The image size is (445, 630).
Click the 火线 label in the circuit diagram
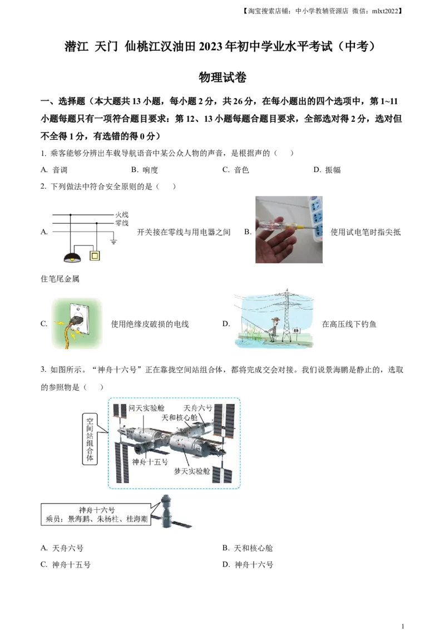pyautogui.click(x=122, y=214)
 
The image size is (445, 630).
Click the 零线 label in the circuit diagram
pyautogui.click(x=122, y=223)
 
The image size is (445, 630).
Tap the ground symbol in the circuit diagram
pyautogui.click(x=113, y=242)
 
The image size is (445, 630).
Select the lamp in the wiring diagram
pyautogui.click(x=72, y=257)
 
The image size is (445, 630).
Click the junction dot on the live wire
pyautogui.click(x=71, y=214)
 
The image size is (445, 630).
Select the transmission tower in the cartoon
pyautogui.click(x=286, y=314)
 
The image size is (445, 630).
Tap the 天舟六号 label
pyautogui.click(x=198, y=408)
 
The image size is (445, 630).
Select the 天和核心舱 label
pyautogui.click(x=179, y=417)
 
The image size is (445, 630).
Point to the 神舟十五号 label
pyautogui.click(x=150, y=461)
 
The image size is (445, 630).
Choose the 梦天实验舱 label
pyautogui.click(x=192, y=471)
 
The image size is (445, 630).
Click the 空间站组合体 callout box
pyautogui.click(x=89, y=440)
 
